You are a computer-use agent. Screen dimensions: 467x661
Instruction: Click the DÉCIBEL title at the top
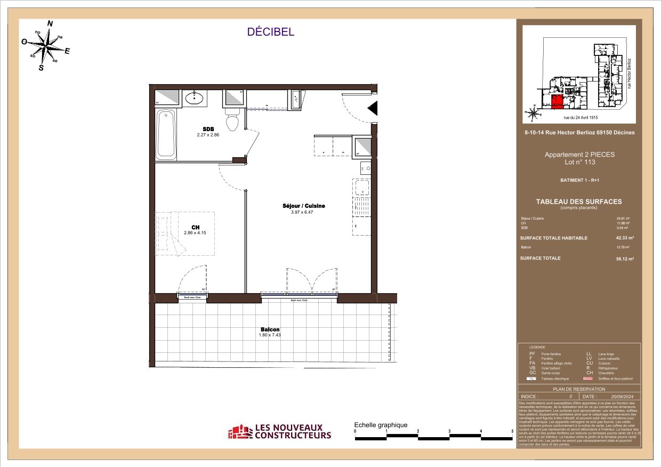tap(270, 32)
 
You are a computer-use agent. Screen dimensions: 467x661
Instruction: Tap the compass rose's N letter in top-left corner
tap(51, 23)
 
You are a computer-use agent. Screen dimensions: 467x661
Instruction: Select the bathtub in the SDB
tap(166, 134)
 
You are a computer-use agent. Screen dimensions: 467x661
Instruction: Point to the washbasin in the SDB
tap(194, 98)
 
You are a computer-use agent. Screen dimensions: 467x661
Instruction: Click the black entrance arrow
tap(373, 109)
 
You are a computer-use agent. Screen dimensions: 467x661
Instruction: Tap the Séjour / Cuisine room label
tap(304, 206)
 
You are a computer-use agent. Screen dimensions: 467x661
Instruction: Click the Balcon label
tap(270, 329)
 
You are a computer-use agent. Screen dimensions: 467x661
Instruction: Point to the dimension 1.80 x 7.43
tap(270, 335)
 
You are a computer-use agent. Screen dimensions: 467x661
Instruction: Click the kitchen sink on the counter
tap(361, 188)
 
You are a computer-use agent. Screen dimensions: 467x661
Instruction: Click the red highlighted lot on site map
tap(557, 102)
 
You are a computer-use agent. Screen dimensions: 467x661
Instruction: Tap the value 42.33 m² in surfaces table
tap(625, 238)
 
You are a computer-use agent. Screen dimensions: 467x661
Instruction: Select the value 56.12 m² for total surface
tap(625, 259)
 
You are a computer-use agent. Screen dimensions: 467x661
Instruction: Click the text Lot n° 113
tap(579, 162)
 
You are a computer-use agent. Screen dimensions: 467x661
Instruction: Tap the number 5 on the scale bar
tap(512, 431)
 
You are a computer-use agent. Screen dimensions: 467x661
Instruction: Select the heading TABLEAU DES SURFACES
tap(579, 202)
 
